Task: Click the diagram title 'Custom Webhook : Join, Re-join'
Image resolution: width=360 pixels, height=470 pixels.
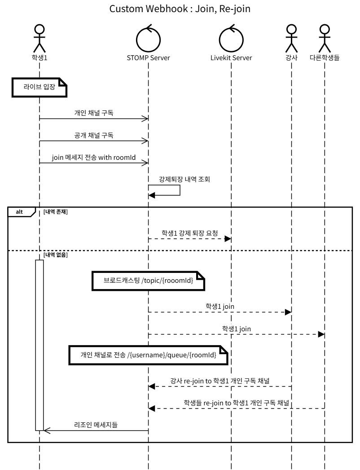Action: click(180, 9)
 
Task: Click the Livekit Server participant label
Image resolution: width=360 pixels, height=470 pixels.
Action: click(231, 57)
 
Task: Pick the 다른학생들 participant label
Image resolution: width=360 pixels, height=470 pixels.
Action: click(324, 57)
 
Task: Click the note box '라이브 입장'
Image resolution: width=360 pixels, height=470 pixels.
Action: click(40, 88)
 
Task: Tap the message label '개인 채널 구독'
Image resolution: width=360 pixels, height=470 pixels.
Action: click(94, 113)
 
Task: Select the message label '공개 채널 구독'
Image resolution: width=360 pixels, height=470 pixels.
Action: click(94, 135)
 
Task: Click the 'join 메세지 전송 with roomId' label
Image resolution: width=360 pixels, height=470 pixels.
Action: click(94, 157)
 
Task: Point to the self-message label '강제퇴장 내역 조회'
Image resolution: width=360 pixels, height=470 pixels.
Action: click(184, 179)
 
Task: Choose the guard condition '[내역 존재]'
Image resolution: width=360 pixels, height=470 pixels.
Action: click(56, 211)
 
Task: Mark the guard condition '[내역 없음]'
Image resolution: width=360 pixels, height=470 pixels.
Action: click(56, 255)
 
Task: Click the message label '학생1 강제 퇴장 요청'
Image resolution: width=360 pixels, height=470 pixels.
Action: click(190, 233)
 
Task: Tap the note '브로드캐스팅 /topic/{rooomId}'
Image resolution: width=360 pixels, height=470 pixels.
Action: click(148, 281)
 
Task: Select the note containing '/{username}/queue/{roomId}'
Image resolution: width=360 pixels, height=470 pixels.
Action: click(148, 355)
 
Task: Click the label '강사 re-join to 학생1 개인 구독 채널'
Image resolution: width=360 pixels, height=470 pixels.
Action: click(220, 380)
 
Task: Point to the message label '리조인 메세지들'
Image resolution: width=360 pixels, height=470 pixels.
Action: click(96, 424)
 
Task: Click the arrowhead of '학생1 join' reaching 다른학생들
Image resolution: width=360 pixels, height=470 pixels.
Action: click(321, 334)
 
